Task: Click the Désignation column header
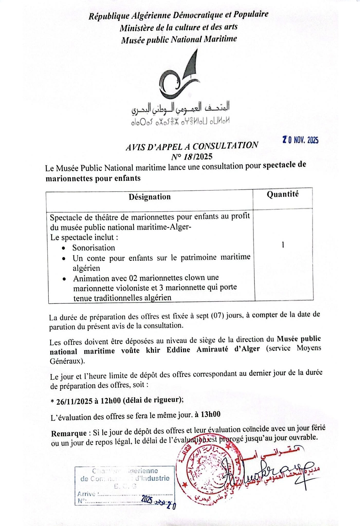pos(150,197)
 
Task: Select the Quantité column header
pos(283,194)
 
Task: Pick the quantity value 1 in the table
pos(283,245)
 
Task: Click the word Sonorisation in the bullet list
pos(94,248)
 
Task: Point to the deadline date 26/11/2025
pos(74,401)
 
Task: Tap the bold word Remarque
pos(69,433)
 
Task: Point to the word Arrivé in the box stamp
pos(86,494)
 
